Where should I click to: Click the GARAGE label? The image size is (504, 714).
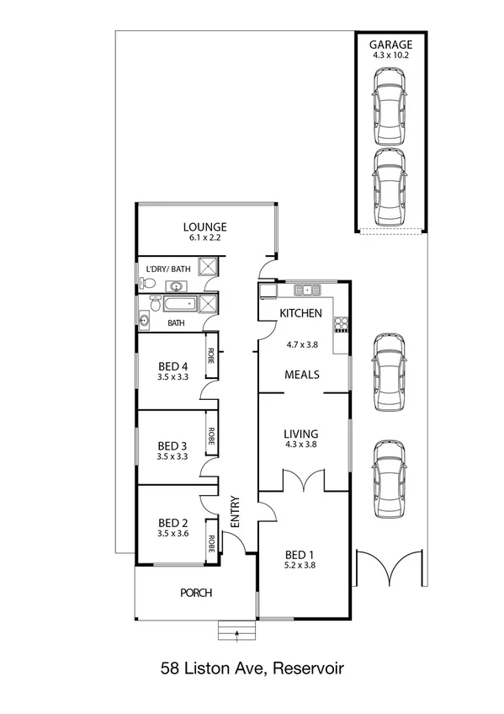coord(390,44)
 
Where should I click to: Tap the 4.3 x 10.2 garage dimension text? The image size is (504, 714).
coord(390,54)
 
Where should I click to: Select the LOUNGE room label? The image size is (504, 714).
coord(206,226)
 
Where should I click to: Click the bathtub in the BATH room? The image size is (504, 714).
coord(177,304)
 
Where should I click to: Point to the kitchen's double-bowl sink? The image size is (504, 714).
coord(309,290)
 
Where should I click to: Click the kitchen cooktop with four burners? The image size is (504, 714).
coord(342,324)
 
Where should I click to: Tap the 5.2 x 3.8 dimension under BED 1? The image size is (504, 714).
coord(300,566)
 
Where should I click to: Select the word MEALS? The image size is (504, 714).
coord(300,375)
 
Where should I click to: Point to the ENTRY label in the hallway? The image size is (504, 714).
coord(236,511)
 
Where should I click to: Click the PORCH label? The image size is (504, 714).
coord(196,593)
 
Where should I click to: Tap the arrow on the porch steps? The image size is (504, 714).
coord(238,631)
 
